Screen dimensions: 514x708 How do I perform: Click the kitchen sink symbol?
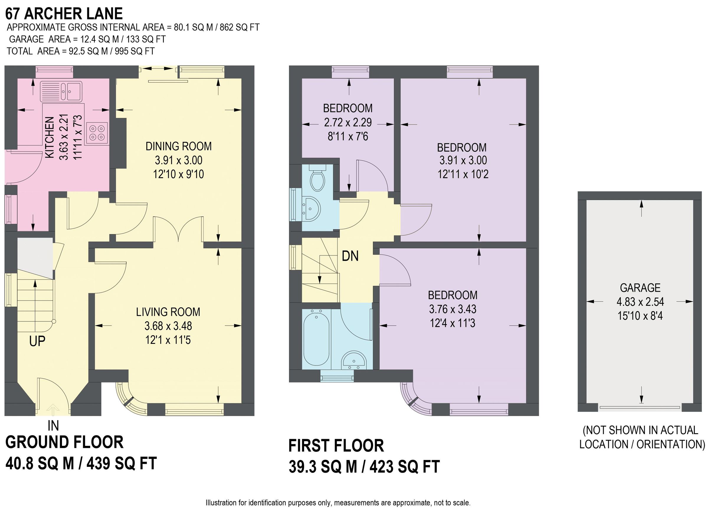[61, 91]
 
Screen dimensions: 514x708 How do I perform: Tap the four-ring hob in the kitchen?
[97, 133]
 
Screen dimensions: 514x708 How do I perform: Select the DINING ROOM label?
[178, 146]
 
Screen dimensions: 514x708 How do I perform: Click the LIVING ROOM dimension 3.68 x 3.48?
[168, 326]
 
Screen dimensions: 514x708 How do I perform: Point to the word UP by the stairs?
[37, 341]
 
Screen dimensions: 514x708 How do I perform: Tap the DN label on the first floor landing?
[350, 256]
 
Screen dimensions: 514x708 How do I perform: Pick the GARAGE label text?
[640, 288]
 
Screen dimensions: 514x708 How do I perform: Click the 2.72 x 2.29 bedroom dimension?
[348, 122]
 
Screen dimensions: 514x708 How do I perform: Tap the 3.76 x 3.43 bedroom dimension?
[452, 309]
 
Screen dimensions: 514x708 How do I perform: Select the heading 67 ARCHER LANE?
[64, 14]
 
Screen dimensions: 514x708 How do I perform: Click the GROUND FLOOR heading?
[65, 442]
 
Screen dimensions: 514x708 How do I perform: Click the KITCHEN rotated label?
[50, 137]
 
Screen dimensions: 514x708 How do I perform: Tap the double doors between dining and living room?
[178, 231]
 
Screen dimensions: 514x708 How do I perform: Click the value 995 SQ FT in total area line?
[135, 51]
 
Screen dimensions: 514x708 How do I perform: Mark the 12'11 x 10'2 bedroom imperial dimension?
[463, 174]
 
